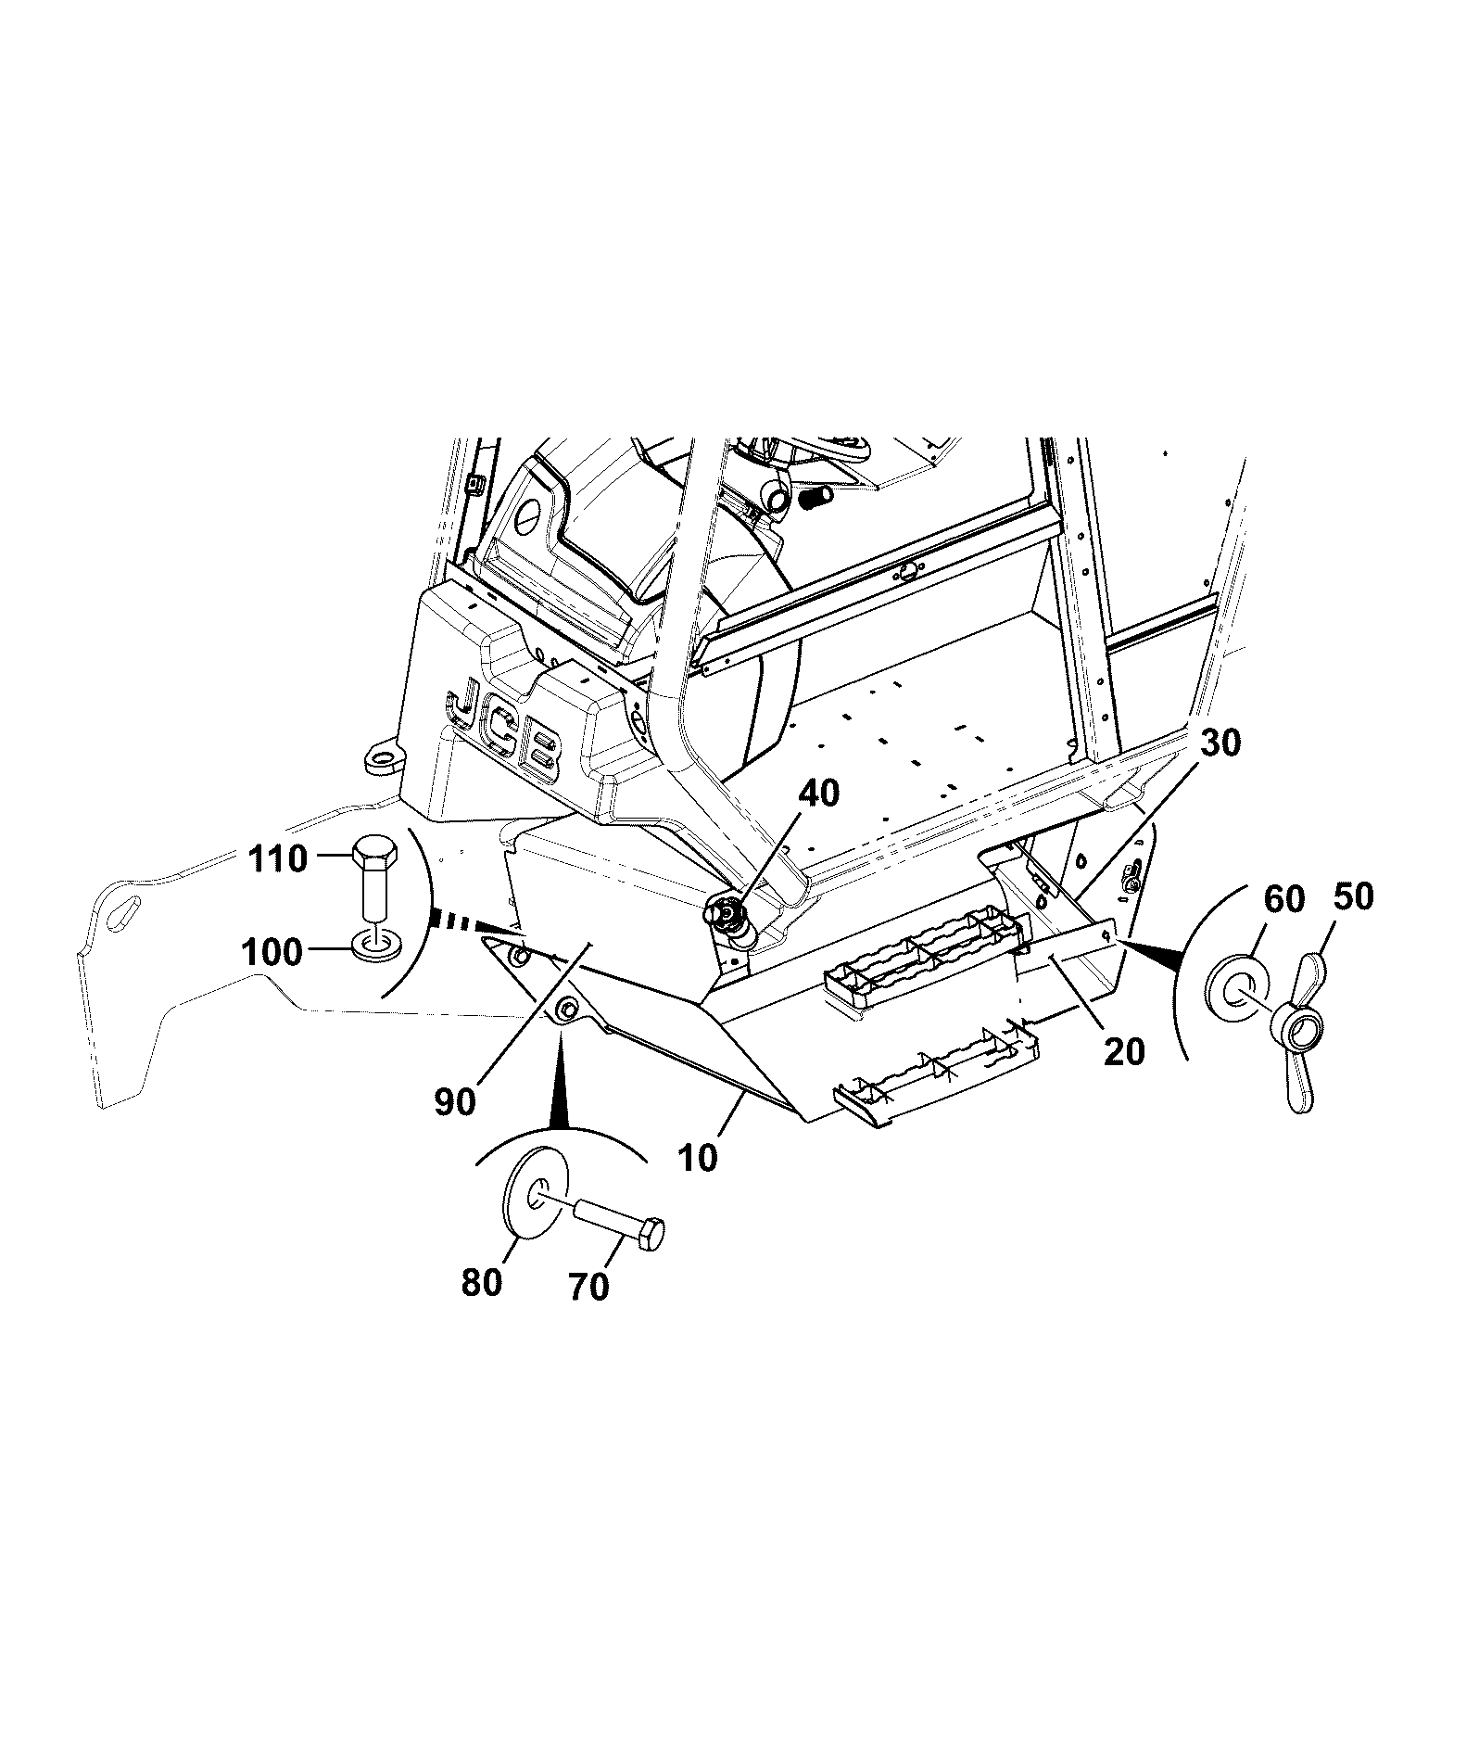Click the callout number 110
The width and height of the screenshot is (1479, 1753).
278,858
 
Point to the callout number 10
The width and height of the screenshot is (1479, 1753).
698,1158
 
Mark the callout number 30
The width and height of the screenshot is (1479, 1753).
1220,743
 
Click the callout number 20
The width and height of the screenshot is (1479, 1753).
1124,1050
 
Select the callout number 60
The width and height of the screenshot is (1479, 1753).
1283,898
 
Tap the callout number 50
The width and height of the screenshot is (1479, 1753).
1353,896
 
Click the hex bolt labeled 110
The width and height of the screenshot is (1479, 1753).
374,880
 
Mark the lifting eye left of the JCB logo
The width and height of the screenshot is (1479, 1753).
381,756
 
